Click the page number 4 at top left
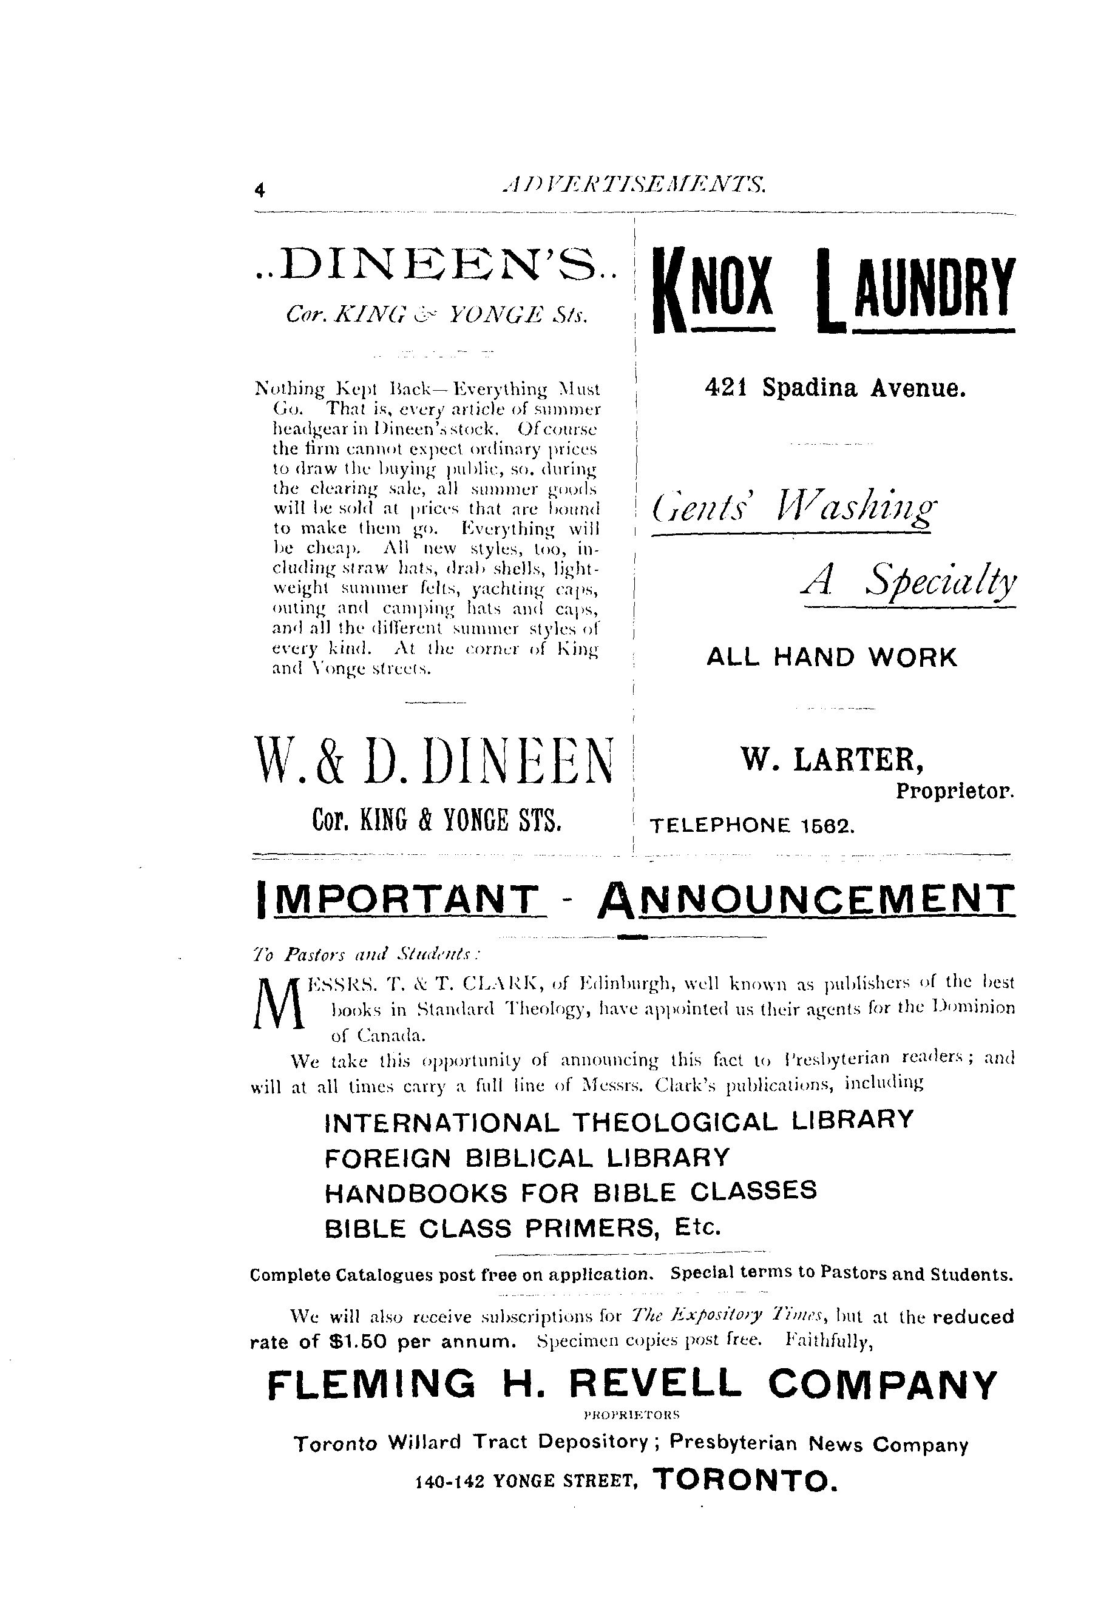tap(260, 190)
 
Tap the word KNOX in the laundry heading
tap(713, 288)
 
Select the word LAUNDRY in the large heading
tap(916, 288)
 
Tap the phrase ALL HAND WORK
tap(831, 657)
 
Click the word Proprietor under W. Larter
tap(954, 792)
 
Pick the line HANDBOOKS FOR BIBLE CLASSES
tap(571, 1191)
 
